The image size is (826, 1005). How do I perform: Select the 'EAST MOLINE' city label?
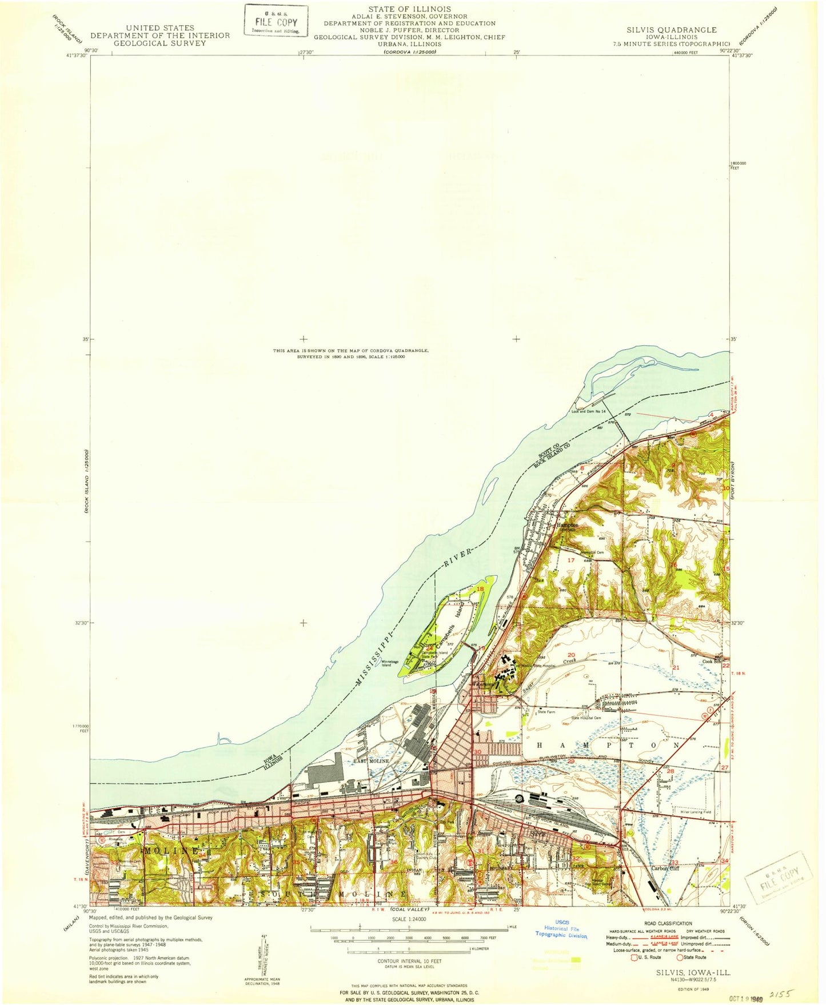coord(370,761)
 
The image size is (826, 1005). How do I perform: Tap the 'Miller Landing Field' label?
coord(696,812)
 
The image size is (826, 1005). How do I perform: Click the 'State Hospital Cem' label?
coord(586,718)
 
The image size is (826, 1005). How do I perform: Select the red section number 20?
coord(570,655)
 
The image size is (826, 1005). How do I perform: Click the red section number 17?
coord(570,560)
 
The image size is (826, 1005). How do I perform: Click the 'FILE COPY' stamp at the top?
coord(276,21)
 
